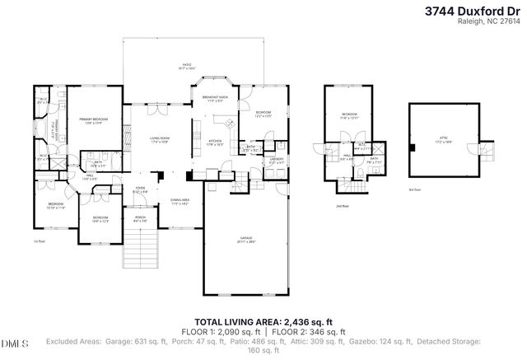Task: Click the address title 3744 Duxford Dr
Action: (x=474, y=12)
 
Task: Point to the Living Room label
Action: (x=159, y=139)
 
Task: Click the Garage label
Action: (x=246, y=241)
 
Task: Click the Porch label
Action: (x=140, y=218)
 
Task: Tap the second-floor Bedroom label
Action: (x=349, y=115)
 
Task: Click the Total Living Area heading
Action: (x=263, y=322)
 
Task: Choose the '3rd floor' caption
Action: (x=414, y=189)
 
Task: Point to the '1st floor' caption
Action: (x=38, y=241)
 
